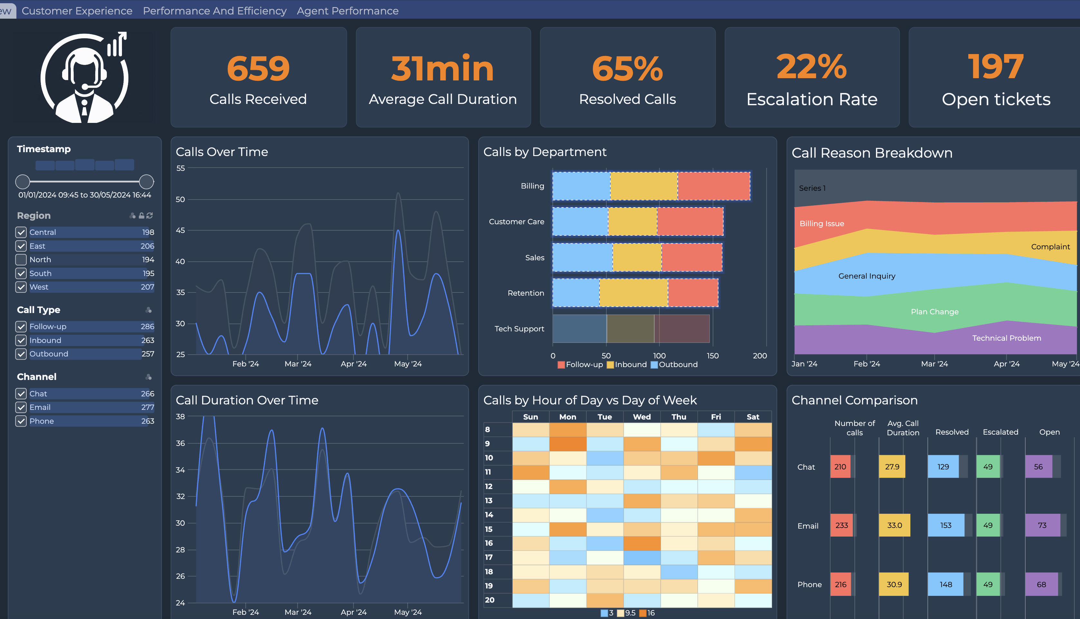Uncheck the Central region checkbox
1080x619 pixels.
(21, 232)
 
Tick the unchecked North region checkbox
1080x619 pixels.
(21, 259)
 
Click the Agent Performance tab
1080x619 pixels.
(347, 11)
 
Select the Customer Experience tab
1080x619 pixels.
(77, 11)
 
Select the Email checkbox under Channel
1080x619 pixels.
(21, 407)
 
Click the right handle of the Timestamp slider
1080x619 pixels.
(146, 181)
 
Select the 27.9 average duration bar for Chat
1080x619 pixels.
(892, 467)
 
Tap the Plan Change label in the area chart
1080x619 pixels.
(934, 312)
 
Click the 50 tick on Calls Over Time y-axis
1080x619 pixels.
(180, 199)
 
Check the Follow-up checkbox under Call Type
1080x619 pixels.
(21, 327)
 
